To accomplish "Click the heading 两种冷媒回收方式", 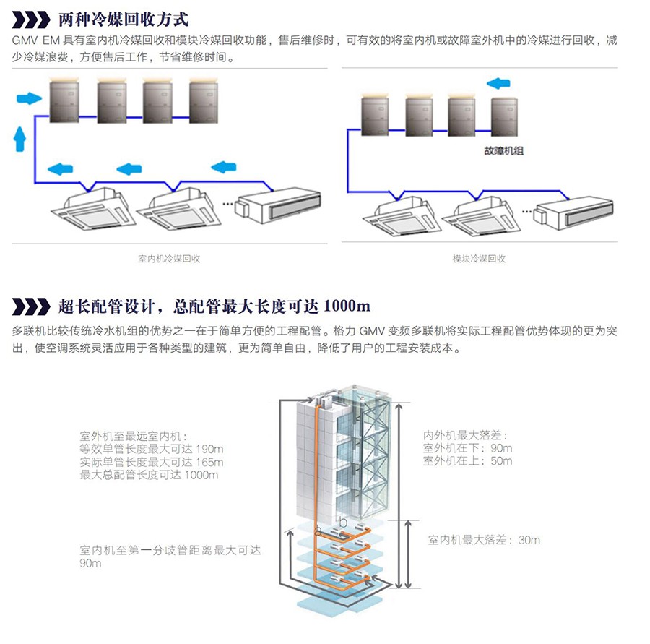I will (x=123, y=18).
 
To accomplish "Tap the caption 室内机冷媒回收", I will (x=169, y=258).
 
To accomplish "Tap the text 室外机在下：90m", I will (x=467, y=448).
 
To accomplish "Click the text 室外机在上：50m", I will (x=467, y=460).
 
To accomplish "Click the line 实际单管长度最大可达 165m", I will (x=152, y=462).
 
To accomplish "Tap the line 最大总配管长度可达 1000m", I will (x=149, y=475).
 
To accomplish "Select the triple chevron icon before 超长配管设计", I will (x=32, y=306).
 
